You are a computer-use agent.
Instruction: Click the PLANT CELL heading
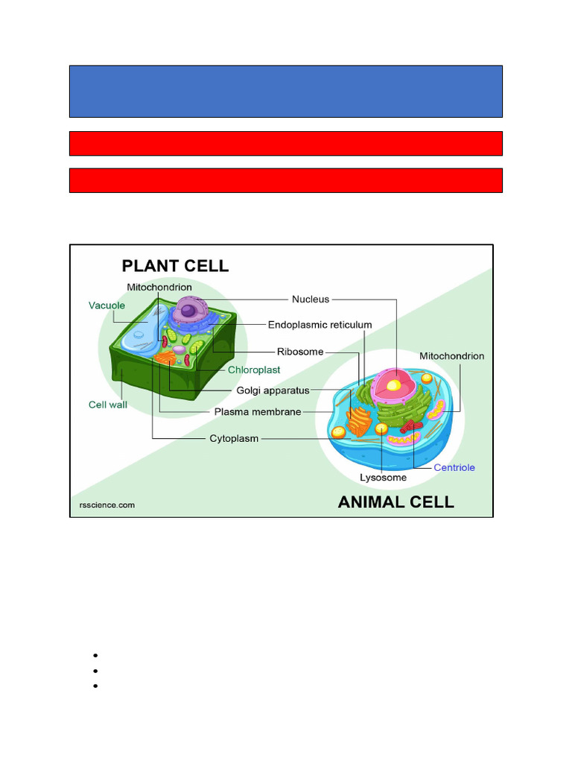(x=175, y=265)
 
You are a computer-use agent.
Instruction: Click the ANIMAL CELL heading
(x=395, y=501)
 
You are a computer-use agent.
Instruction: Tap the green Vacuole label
(x=107, y=305)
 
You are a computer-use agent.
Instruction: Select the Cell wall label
(x=108, y=405)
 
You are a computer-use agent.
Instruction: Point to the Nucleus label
(x=311, y=300)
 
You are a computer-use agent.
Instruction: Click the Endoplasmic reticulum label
(x=320, y=325)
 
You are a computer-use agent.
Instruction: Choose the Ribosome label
(x=300, y=351)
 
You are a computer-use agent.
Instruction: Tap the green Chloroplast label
(x=254, y=370)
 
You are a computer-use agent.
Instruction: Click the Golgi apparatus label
(x=273, y=390)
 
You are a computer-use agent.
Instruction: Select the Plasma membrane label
(x=258, y=411)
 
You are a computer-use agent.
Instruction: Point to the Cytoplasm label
(x=234, y=439)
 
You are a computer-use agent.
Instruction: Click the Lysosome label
(x=383, y=478)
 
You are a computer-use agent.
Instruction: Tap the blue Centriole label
(x=454, y=468)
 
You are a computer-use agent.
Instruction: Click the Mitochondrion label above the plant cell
(x=159, y=287)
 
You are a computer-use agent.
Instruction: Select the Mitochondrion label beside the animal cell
(x=451, y=356)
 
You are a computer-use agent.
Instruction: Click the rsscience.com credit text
(x=107, y=504)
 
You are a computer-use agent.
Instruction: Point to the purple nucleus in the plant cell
(x=189, y=310)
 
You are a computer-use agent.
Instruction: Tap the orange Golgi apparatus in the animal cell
(x=360, y=421)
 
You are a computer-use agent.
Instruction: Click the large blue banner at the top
(x=286, y=91)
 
